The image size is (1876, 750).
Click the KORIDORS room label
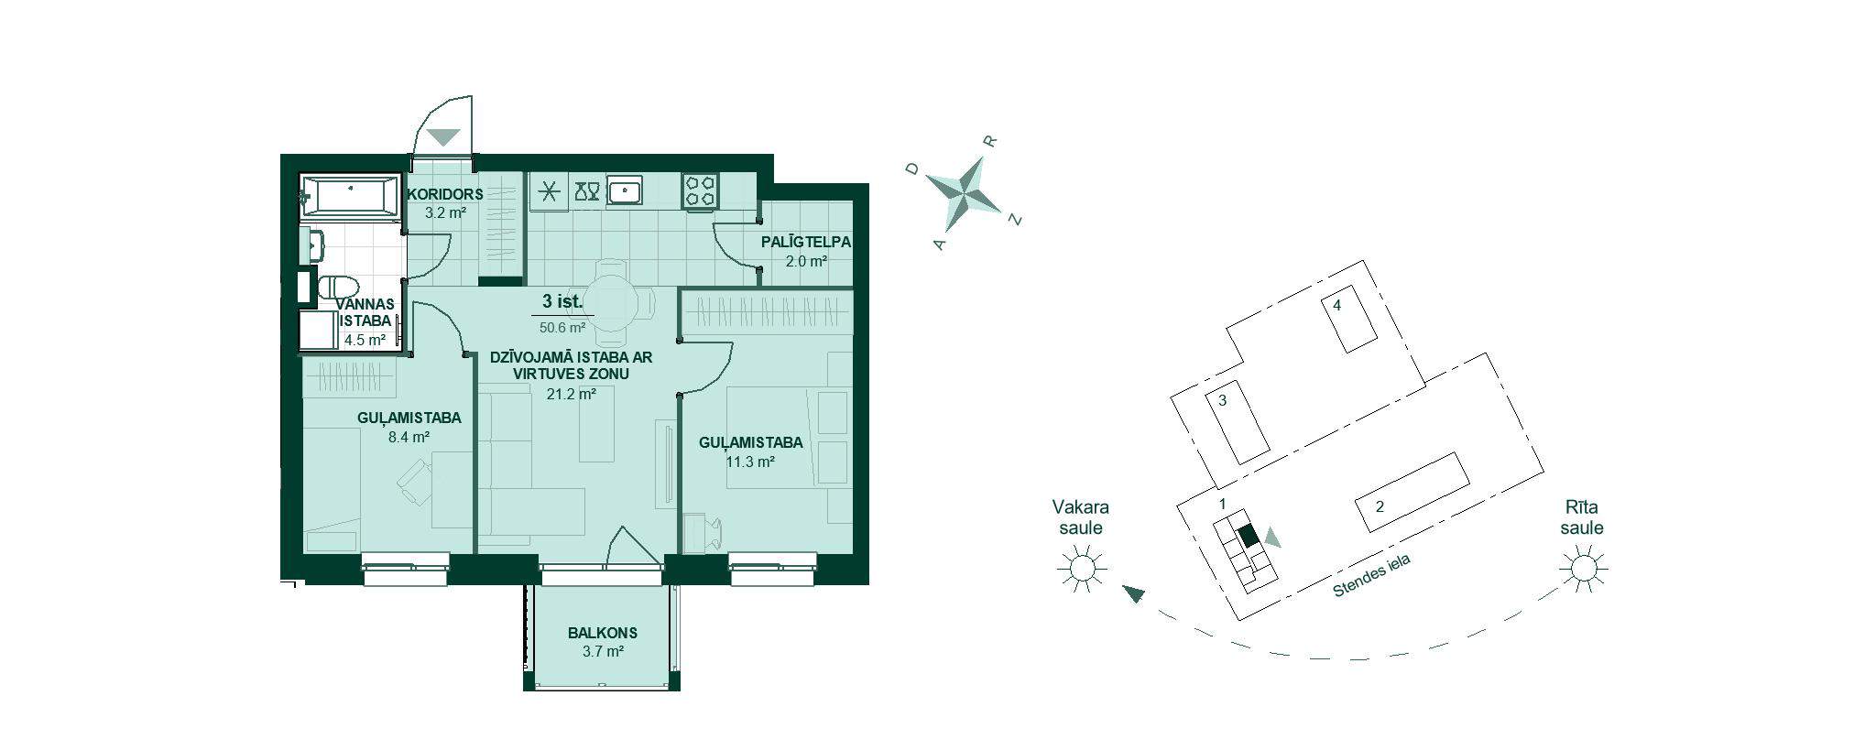tap(445, 194)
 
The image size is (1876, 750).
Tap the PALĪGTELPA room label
tap(806, 243)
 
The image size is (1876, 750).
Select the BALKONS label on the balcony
tap(602, 633)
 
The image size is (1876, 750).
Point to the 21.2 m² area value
tap(571, 394)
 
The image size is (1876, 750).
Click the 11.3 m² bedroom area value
tap(750, 462)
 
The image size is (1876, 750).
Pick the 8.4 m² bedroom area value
tap(409, 437)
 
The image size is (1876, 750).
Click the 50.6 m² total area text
tap(562, 327)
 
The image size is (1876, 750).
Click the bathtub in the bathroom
tap(351, 197)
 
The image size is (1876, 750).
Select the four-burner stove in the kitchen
tap(701, 190)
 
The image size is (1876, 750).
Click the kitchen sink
tap(624, 190)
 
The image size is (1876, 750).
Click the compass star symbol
tap(964, 194)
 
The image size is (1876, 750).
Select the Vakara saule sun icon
tap(1082, 569)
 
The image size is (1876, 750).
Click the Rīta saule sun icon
tap(1583, 569)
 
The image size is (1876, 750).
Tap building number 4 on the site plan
tap(1337, 306)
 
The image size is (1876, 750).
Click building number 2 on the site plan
tap(1380, 506)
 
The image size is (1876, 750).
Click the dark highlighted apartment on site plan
tap(1248, 537)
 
